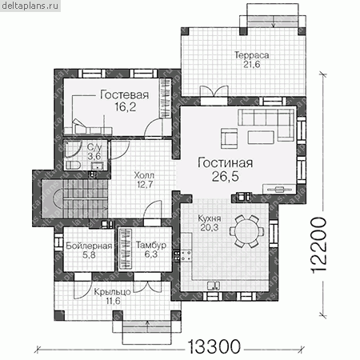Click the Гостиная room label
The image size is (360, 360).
(225, 163)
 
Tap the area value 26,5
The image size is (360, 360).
(226, 176)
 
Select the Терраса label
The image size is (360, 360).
(252, 55)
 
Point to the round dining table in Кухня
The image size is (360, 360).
(246, 231)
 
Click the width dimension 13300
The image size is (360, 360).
(214, 347)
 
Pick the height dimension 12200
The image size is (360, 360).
(318, 246)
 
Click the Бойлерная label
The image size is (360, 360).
(89, 246)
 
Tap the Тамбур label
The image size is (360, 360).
(151, 246)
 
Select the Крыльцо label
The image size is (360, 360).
(112, 292)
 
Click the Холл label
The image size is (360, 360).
(144, 175)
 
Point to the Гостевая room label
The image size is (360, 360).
(124, 95)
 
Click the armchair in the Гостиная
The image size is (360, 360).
(229, 138)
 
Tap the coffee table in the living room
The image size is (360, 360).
(261, 137)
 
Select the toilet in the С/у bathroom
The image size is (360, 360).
(73, 166)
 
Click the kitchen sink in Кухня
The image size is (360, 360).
(214, 286)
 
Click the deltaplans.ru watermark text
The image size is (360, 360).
(30, 6)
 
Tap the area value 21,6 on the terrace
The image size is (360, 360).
(252, 64)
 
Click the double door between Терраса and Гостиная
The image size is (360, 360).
(214, 91)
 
